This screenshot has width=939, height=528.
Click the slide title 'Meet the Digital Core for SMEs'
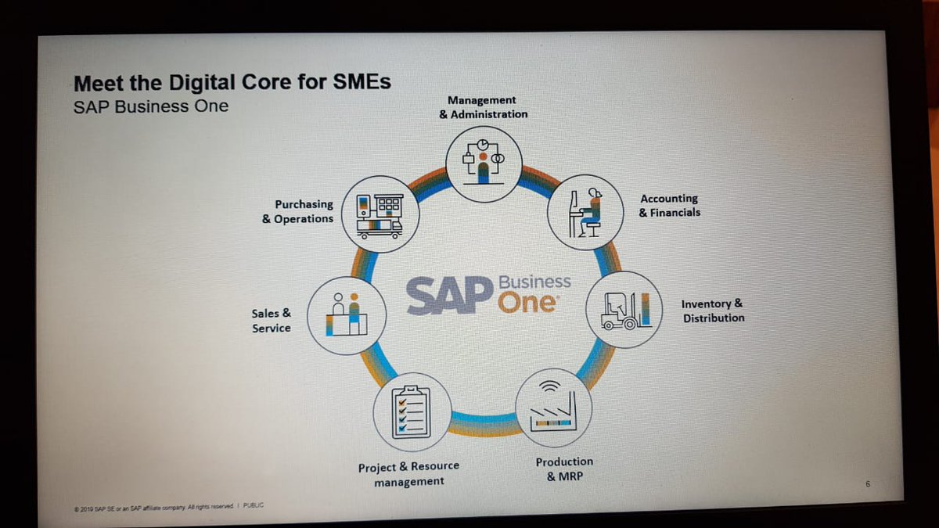[232, 82]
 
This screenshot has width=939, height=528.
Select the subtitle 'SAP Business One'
[150, 106]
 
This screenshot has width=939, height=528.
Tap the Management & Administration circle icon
[484, 162]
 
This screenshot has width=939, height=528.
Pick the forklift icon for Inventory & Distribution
[624, 309]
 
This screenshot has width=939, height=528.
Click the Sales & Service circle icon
[347, 314]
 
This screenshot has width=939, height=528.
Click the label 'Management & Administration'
[483, 107]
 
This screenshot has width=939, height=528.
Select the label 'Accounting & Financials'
[669, 206]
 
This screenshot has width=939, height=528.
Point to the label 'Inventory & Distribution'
[713, 311]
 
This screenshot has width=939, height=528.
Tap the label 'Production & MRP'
[563, 469]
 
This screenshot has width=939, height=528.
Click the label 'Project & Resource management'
[408, 474]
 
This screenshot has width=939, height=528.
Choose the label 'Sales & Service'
[271, 321]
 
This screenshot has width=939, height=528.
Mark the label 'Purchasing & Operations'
[297, 212]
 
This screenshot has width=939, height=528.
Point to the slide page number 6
[868, 485]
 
